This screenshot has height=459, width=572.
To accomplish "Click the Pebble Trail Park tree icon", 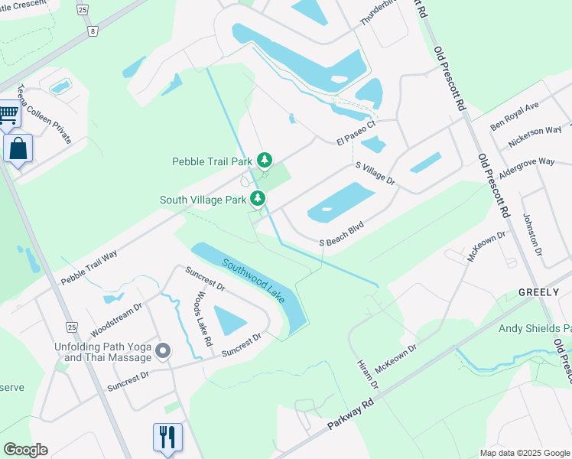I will [x=265, y=160].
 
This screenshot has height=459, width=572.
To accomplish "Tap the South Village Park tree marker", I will [x=258, y=199].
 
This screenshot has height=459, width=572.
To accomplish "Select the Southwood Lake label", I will [x=254, y=280].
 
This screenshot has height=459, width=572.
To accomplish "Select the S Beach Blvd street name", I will [x=340, y=235].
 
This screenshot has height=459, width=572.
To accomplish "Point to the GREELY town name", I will [x=539, y=292].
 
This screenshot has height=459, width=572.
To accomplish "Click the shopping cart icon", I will [x=8, y=115].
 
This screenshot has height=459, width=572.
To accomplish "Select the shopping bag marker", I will [x=18, y=148].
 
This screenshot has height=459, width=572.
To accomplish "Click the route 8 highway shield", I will [x=93, y=31].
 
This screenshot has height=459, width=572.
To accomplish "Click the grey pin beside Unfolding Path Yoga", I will [x=162, y=351].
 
